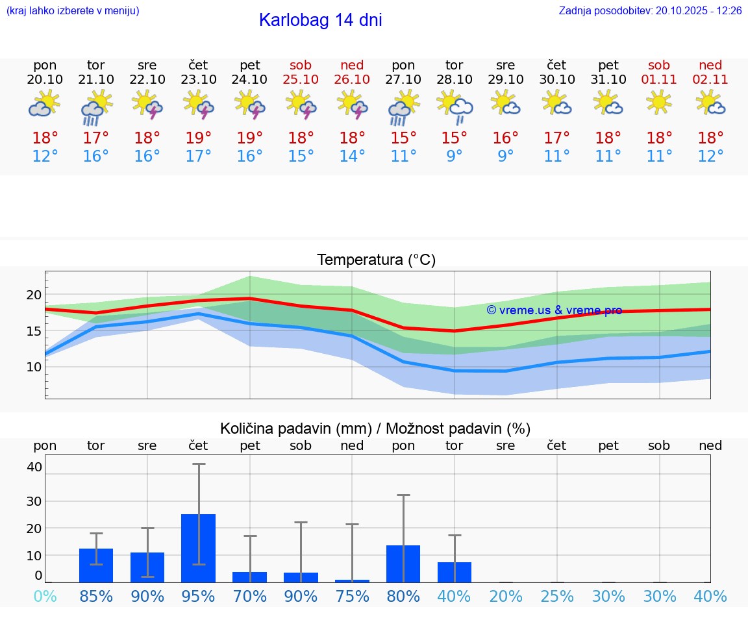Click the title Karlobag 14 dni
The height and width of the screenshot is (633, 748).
tap(320, 20)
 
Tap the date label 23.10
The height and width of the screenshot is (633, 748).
tap(198, 79)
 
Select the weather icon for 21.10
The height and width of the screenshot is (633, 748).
tap(96, 107)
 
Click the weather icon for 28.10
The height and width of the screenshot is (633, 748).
tap(455, 106)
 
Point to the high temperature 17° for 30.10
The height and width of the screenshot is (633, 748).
tap(556, 138)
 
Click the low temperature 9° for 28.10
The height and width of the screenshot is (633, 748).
tap(455, 156)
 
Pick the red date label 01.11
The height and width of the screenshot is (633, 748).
tap(659, 79)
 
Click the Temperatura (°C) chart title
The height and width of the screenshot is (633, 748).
tap(376, 260)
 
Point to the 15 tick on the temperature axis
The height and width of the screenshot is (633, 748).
tap(34, 331)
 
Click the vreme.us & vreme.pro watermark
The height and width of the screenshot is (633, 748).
tap(554, 310)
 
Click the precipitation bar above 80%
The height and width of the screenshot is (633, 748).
tap(403, 564)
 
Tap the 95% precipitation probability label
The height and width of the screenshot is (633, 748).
tap(198, 596)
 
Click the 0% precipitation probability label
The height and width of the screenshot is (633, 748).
tap(45, 596)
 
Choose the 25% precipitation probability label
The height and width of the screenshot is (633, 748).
tap(557, 596)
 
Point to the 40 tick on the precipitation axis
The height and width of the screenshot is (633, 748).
tap(34, 467)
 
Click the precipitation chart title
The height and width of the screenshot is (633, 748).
tap(375, 428)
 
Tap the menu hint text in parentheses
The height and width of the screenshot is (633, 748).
tap(73, 10)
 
